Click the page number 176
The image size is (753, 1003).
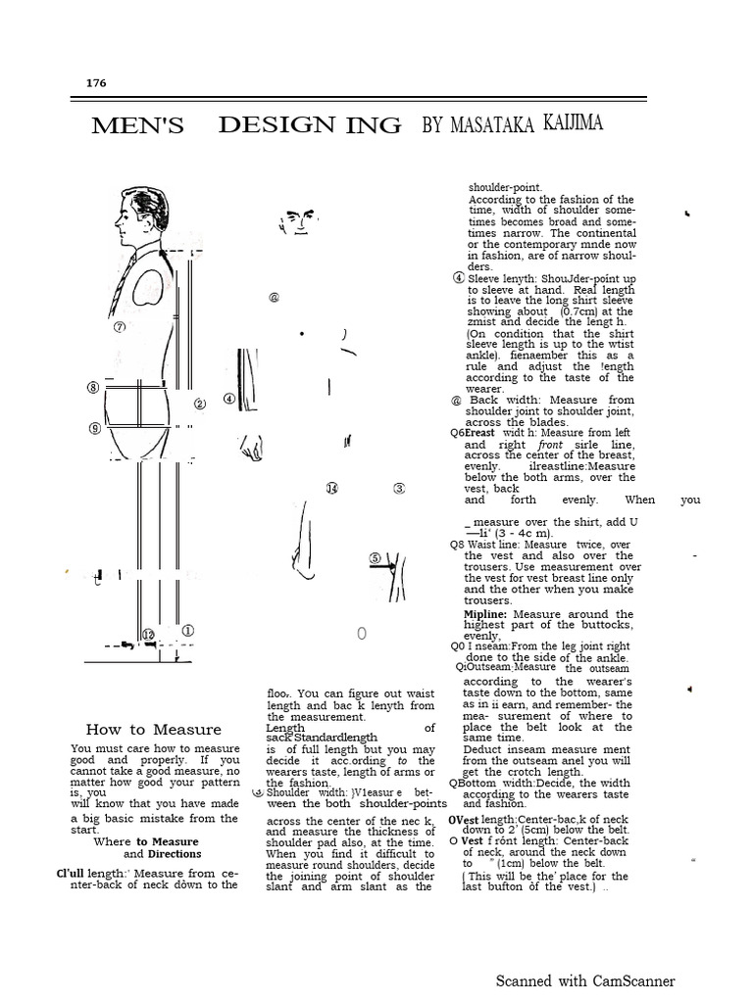pyautogui.click(x=96, y=83)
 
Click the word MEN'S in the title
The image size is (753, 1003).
pyautogui.click(x=137, y=125)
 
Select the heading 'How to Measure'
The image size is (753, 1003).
pyautogui.click(x=153, y=729)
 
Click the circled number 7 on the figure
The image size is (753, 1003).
pyautogui.click(x=121, y=327)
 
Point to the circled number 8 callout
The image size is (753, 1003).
pyautogui.click(x=93, y=388)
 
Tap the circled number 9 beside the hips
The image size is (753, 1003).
pyautogui.click(x=94, y=428)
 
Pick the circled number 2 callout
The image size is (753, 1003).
pyautogui.click(x=199, y=404)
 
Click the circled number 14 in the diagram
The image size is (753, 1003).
pyautogui.click(x=331, y=488)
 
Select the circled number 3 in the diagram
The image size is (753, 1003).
pyautogui.click(x=399, y=488)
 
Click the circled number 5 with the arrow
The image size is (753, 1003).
pyautogui.click(x=376, y=558)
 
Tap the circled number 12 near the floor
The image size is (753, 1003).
pyautogui.click(x=148, y=635)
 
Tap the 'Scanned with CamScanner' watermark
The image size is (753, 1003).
pyautogui.click(x=584, y=980)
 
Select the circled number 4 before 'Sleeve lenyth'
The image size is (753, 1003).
pyautogui.click(x=458, y=277)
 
